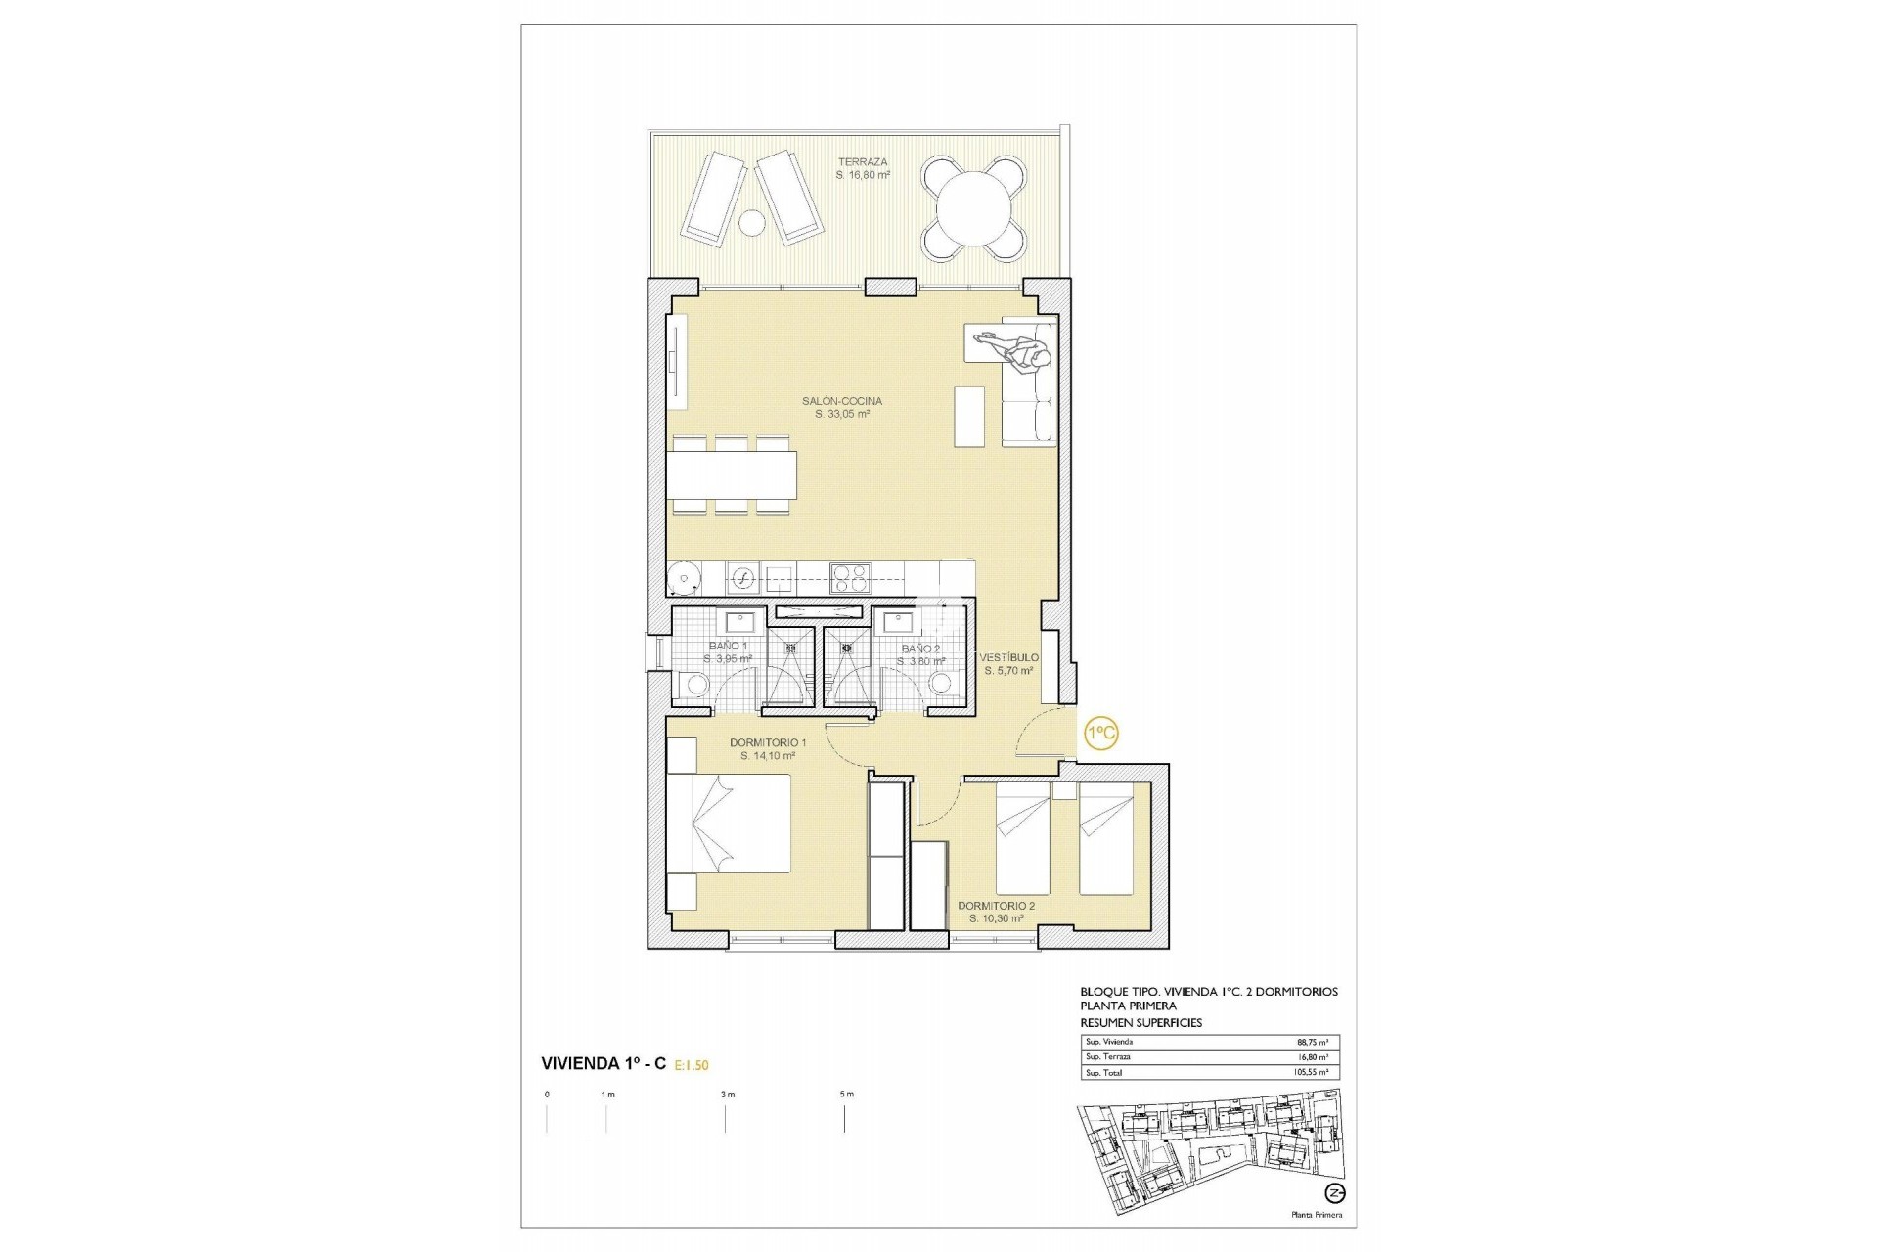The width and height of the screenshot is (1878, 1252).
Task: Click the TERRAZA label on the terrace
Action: pyautogui.click(x=862, y=162)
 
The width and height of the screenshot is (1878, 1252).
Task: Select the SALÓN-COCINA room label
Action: pyautogui.click(x=842, y=401)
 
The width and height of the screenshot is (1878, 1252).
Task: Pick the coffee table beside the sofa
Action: pyautogui.click(x=969, y=417)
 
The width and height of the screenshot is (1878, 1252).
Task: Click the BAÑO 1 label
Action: pyautogui.click(x=728, y=647)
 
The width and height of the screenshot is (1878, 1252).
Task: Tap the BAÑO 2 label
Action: pyautogui.click(x=920, y=649)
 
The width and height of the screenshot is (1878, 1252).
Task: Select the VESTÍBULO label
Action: pyautogui.click(x=1009, y=658)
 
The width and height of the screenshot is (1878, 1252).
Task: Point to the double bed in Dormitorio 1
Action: pyautogui.click(x=729, y=823)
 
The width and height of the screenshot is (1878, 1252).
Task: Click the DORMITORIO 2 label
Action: pyautogui.click(x=996, y=906)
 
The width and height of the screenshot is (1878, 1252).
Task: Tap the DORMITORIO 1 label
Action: pyautogui.click(x=768, y=743)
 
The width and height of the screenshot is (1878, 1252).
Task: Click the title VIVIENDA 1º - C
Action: pyautogui.click(x=604, y=1064)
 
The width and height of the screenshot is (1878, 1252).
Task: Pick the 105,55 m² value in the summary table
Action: pyautogui.click(x=1311, y=1073)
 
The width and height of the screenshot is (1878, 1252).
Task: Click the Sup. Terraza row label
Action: pyautogui.click(x=1108, y=1057)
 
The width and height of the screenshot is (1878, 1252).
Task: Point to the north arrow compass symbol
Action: pyautogui.click(x=1334, y=1192)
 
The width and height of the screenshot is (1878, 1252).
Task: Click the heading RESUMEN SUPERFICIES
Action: pyautogui.click(x=1140, y=1023)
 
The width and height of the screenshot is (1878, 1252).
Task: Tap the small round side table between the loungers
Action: pyautogui.click(x=751, y=224)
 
